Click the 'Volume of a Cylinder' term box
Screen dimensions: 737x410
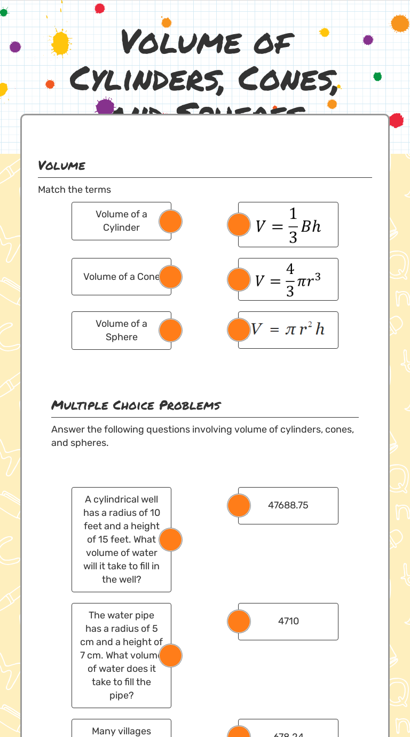[121, 221]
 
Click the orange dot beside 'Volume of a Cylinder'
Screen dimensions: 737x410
[171, 221]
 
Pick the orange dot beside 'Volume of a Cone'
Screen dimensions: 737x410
[171, 277]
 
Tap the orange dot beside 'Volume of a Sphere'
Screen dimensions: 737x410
[171, 331]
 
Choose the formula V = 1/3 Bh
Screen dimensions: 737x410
[289, 225]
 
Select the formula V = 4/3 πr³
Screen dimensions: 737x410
[289, 279]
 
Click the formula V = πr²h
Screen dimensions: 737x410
[289, 330]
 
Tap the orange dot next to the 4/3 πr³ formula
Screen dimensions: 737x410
[239, 279]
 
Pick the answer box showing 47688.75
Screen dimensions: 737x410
[288, 505]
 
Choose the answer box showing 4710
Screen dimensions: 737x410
[288, 621]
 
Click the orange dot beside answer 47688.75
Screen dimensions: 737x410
[239, 505]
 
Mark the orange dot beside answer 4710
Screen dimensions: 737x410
[239, 621]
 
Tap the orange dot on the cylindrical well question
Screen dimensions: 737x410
[171, 539]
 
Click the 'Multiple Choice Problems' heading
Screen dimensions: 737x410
[136, 405]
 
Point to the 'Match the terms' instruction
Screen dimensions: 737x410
[75, 190]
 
